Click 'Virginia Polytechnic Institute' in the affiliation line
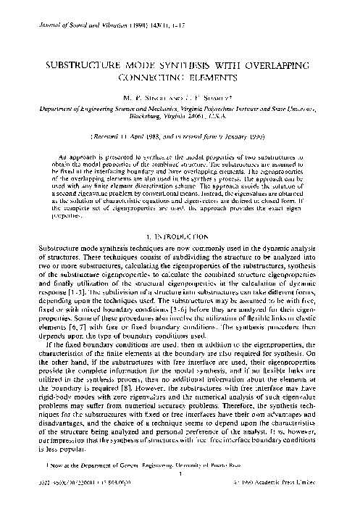pos(239,107)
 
